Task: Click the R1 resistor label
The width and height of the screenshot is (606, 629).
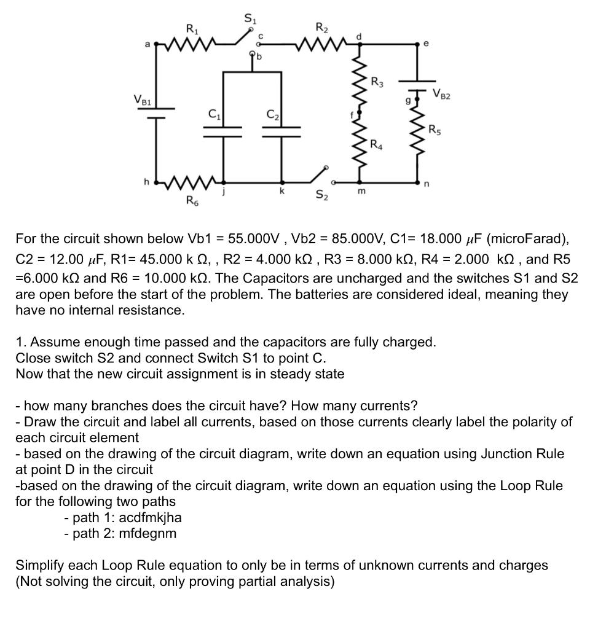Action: click(191, 28)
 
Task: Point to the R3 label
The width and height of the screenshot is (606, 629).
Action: click(377, 84)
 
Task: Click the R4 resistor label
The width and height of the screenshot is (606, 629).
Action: click(377, 145)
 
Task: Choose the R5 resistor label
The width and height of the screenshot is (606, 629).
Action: click(434, 130)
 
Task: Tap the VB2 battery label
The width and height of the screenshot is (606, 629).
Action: click(441, 94)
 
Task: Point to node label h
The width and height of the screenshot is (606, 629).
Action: click(146, 181)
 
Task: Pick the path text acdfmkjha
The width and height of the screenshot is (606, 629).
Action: click(150, 517)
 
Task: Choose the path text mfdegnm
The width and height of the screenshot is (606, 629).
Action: click(148, 533)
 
